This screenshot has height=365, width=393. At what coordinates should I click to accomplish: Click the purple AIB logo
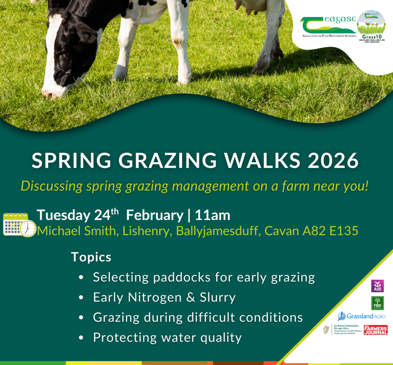(x=377, y=286)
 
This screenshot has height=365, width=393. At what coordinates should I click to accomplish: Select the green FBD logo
(x=377, y=303)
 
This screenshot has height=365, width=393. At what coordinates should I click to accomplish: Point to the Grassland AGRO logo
(x=361, y=316)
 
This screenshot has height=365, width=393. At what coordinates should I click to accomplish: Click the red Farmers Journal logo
(x=375, y=330)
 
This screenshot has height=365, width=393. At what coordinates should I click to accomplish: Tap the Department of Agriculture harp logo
(x=327, y=330)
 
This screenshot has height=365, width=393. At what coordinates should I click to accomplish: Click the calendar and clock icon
(x=19, y=224)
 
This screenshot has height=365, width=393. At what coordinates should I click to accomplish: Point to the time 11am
(x=213, y=215)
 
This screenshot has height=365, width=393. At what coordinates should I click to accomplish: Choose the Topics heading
(x=91, y=257)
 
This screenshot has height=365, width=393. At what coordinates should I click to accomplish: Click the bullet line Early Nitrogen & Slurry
(x=164, y=297)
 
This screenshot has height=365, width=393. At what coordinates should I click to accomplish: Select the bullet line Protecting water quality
(x=167, y=337)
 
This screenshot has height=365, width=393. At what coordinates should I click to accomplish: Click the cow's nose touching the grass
(x=50, y=93)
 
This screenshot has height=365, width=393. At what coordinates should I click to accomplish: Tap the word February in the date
(x=155, y=215)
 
